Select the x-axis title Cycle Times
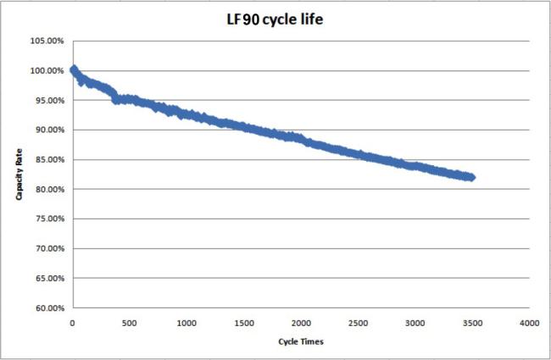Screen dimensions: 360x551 (x=300, y=341)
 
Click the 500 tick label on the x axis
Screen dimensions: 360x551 (x=129, y=324)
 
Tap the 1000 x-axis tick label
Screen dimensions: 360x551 (x=186, y=324)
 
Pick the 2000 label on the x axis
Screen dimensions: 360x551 (x=301, y=324)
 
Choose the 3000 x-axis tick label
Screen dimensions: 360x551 (x=415, y=324)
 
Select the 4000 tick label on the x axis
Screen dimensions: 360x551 (x=530, y=324)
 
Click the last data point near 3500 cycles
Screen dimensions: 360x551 (x=471, y=177)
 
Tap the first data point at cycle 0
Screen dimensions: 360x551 (x=73, y=69)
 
